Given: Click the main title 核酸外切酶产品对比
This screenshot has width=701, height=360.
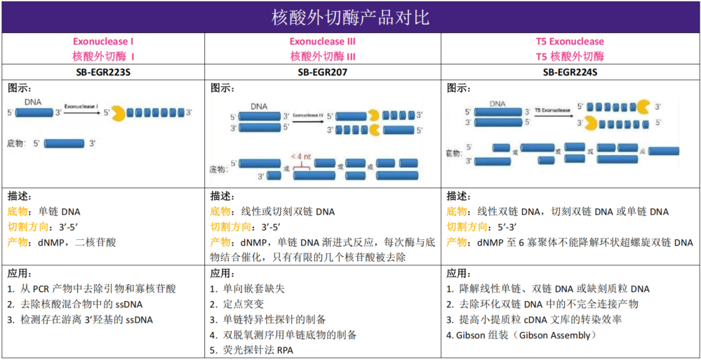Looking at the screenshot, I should coord(350,16).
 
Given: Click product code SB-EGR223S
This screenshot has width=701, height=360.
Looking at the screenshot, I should coord(102,72).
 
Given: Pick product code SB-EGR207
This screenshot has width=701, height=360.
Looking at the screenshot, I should coord(323,72).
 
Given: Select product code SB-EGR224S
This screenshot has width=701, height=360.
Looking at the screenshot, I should coord(570,72).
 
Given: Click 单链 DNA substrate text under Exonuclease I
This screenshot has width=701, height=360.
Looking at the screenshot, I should coord(60,211).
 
